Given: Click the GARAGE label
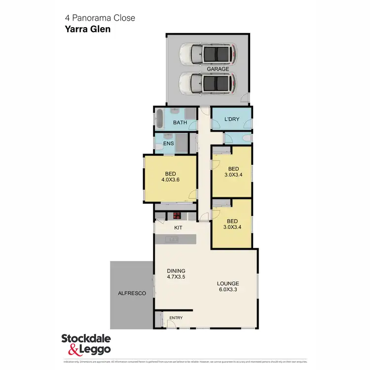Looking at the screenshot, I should [218, 69].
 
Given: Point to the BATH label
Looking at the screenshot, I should [180, 122].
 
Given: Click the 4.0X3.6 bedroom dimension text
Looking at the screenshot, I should [170, 180].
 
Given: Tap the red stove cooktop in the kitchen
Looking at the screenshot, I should [177, 215].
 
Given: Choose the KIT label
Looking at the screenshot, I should [179, 228].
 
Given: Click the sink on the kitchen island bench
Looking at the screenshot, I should [174, 239].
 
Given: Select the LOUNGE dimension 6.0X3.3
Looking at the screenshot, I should [228, 290].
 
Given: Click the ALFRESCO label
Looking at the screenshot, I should [132, 293].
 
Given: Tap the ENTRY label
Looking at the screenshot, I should [176, 318].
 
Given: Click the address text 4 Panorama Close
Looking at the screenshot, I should [100, 18].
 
